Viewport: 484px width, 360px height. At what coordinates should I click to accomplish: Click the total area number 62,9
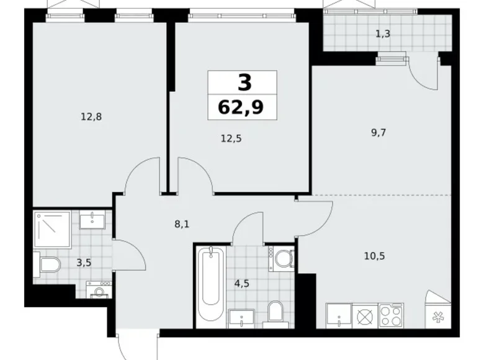click(240, 107)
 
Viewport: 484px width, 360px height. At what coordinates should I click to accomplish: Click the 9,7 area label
click(378, 132)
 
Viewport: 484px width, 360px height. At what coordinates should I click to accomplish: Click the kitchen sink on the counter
click(339, 315)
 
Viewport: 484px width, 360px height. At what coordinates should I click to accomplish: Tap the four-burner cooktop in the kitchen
click(390, 315)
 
